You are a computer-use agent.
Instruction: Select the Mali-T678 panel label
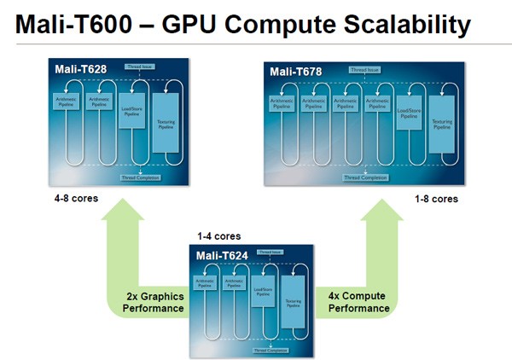point(294,71)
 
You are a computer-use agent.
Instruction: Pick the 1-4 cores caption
point(218,236)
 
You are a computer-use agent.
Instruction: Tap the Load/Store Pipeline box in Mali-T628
point(132,112)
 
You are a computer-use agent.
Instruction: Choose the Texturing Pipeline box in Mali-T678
point(442,125)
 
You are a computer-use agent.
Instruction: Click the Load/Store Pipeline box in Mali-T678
point(410,113)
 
